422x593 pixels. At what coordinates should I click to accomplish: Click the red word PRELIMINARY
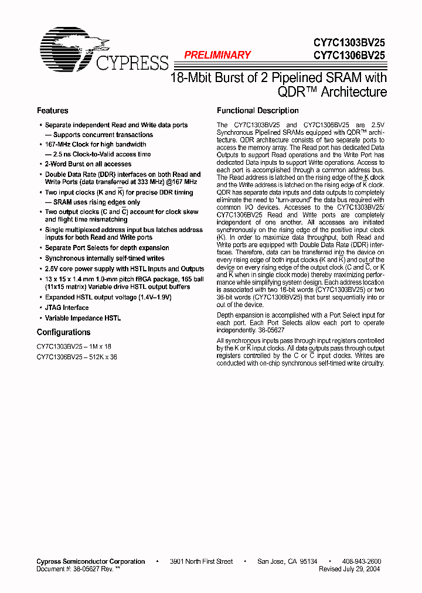point(217,55)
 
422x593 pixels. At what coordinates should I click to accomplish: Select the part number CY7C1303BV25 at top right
point(349,43)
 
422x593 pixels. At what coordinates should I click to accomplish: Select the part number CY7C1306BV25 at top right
point(349,56)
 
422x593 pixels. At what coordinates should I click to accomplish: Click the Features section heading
point(52,111)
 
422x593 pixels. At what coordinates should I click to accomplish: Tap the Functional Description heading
point(257,111)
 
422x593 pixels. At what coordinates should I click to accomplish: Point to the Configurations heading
point(63,332)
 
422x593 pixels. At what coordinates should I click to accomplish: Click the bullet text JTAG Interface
point(67,308)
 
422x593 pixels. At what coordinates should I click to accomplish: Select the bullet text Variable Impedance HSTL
point(83,318)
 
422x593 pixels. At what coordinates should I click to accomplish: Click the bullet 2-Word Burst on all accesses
point(88,164)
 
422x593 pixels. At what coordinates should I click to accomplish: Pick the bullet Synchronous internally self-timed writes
point(104,258)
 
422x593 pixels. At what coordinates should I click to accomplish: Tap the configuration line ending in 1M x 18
point(73,346)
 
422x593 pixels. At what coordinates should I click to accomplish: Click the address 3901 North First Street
point(201,561)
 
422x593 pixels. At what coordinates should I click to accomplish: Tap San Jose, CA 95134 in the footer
point(287,561)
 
